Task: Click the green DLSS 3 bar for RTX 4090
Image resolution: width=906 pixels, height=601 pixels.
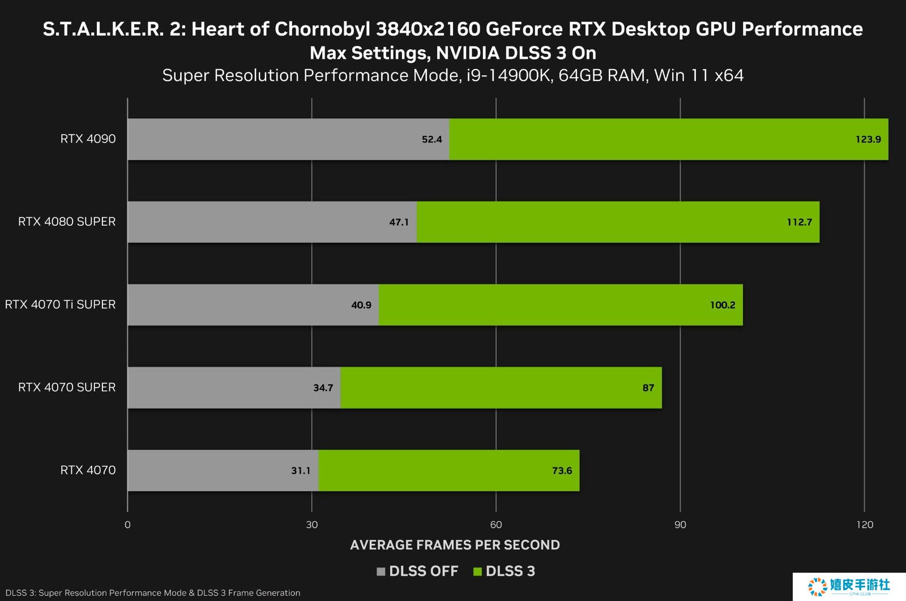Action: pos(668,139)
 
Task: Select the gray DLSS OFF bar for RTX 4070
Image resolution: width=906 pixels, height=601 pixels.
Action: pos(223,470)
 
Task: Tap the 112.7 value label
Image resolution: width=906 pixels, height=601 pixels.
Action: pos(799,222)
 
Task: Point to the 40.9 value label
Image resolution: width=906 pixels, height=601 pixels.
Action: pos(361,305)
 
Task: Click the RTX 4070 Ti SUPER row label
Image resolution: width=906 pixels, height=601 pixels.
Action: pos(60,304)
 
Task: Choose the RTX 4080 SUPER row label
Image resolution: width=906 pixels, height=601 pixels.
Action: pos(67,222)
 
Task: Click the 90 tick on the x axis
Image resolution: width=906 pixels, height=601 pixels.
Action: pos(680,525)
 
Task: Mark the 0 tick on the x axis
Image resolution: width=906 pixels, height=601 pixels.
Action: pos(127,525)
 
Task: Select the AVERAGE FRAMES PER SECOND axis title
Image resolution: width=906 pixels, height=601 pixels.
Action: pos(455,545)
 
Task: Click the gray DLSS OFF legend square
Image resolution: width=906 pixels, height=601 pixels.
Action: pos(381,572)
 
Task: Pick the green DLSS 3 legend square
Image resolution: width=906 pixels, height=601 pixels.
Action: pos(477,572)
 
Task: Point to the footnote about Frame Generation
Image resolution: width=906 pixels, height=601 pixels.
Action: pos(153,593)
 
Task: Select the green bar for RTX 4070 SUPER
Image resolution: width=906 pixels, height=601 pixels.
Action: pos(501,388)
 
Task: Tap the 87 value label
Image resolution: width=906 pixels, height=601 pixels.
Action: pos(648,388)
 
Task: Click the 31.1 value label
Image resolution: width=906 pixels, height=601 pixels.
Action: pos(301,471)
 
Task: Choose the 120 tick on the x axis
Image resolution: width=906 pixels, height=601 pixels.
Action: pos(865,525)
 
